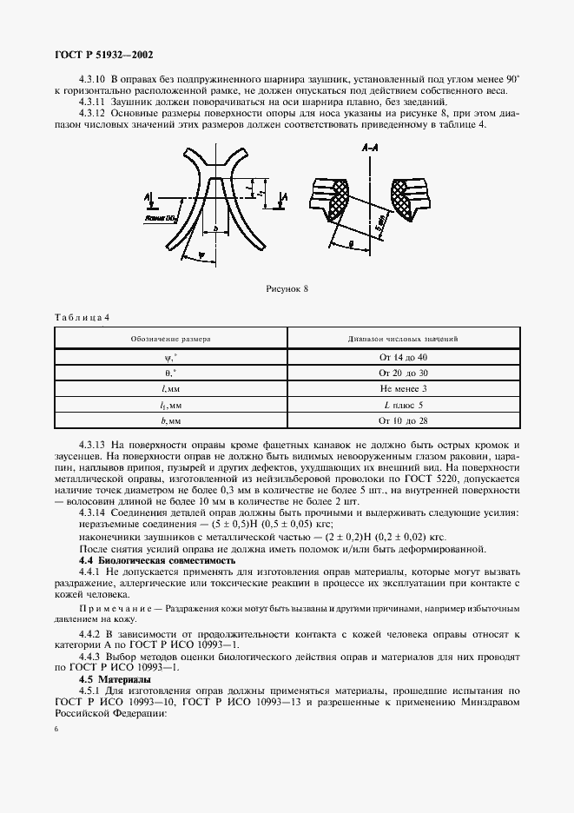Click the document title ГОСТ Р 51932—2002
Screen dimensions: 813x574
coord(103,54)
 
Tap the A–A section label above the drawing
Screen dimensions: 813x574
coord(368,150)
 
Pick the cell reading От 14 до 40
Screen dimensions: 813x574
coord(409,358)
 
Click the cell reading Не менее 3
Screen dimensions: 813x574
coord(409,389)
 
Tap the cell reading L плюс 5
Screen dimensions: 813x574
coord(409,405)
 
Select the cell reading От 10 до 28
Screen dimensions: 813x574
coord(409,420)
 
